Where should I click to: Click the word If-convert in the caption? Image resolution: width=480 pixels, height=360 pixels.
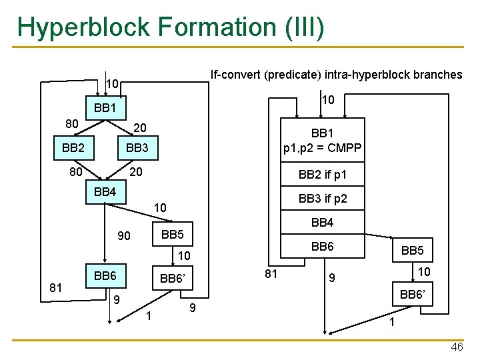coord(235,75)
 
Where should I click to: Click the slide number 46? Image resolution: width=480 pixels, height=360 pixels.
coord(457,347)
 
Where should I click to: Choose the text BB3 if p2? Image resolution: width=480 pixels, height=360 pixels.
coord(322,199)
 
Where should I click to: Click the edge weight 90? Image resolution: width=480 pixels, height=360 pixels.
coord(124,237)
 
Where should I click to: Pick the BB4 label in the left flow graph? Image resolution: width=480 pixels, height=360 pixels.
coord(105,192)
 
